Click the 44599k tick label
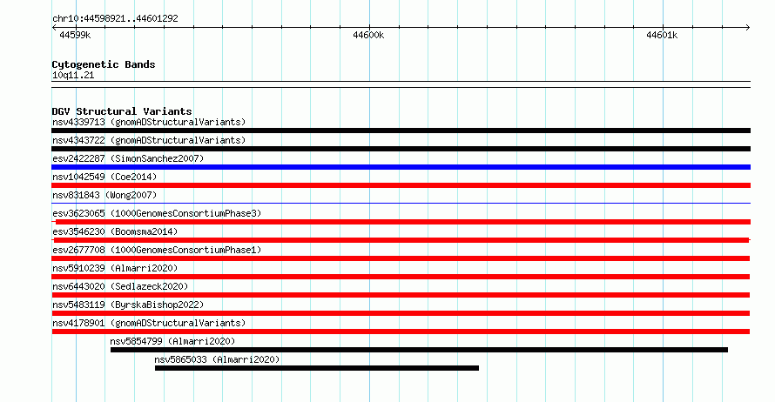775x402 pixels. click(x=75, y=35)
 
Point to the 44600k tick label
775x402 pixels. click(x=368, y=35)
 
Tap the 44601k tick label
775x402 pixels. click(x=662, y=35)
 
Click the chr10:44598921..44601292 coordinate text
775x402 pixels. click(x=115, y=19)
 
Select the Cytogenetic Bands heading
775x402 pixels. click(x=104, y=64)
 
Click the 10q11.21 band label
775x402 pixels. click(x=73, y=76)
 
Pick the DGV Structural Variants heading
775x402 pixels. click(x=122, y=111)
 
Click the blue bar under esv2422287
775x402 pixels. click(x=401, y=167)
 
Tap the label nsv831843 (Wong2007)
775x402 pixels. click(x=104, y=195)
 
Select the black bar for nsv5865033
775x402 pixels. click(x=317, y=368)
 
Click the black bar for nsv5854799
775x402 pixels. click(x=419, y=350)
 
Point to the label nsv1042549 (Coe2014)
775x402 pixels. click(x=104, y=177)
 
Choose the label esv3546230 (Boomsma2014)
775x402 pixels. click(x=115, y=231)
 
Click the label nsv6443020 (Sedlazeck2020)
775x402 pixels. click(x=120, y=286)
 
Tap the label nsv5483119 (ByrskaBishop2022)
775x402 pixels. click(x=128, y=305)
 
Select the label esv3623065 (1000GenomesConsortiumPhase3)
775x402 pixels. click(x=157, y=213)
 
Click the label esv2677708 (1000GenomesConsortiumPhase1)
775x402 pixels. click(x=157, y=250)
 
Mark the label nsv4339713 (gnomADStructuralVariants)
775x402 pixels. click(x=149, y=122)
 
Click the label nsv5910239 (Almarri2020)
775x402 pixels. click(x=115, y=268)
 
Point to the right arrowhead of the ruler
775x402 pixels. click(x=748, y=28)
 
